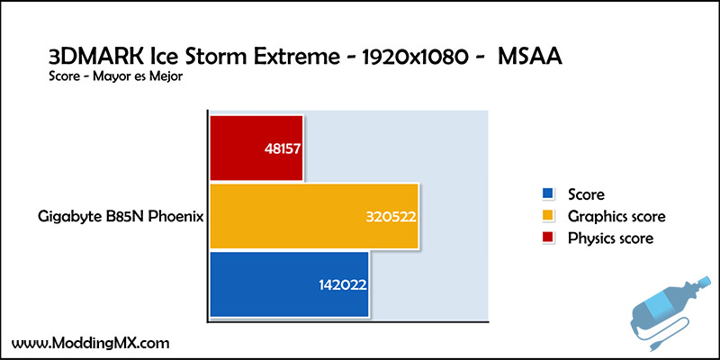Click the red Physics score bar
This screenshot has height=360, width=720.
[256, 148]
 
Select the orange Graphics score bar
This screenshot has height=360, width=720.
[314, 216]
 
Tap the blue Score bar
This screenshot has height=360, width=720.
[289, 284]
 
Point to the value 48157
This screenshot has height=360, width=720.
[283, 149]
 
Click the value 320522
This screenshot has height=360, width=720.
[391, 217]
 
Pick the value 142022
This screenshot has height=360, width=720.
[343, 285]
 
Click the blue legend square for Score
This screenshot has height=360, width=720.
[547, 193]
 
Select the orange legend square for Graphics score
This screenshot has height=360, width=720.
[547, 215]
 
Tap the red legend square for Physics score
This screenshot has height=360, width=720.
[547, 238]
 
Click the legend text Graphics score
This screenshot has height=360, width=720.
[616, 216]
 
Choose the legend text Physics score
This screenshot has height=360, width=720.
[610, 238]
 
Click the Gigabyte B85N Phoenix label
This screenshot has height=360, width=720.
[121, 217]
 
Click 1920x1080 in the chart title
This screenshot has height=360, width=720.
[415, 58]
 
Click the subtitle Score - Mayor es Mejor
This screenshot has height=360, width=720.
[115, 76]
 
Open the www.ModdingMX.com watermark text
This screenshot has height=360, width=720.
[91, 343]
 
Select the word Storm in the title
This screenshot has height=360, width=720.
[214, 58]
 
